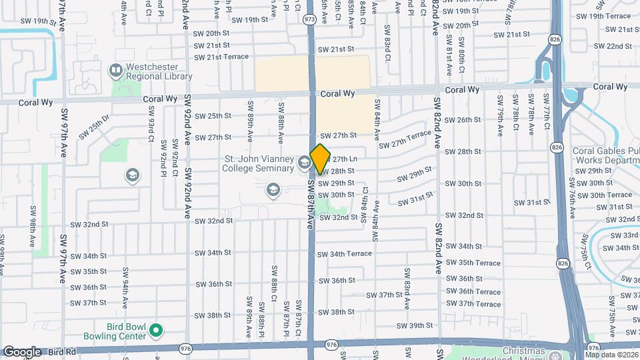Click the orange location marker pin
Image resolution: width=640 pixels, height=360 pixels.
pyautogui.click(x=320, y=159)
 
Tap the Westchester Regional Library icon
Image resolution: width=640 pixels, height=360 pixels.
pyautogui.click(x=116, y=70)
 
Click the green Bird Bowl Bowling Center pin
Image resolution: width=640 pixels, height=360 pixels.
pyautogui.click(x=156, y=329)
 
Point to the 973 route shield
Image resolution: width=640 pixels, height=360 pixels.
pyautogui.click(x=309, y=20)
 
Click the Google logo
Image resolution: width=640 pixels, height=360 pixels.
pyautogui.click(x=22, y=352)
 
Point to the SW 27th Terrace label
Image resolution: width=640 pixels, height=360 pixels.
pyautogui.click(x=405, y=140)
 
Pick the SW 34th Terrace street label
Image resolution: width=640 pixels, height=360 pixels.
pyautogui.click(x=344, y=254)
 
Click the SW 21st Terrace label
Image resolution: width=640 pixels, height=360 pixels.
pyautogui.click(x=221, y=57)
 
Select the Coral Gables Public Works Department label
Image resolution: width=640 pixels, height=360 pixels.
pyautogui.click(x=605, y=155)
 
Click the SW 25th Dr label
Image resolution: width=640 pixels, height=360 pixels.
pyautogui.click(x=93, y=125)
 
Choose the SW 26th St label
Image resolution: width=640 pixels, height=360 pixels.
pyautogui.click(x=462, y=120)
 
